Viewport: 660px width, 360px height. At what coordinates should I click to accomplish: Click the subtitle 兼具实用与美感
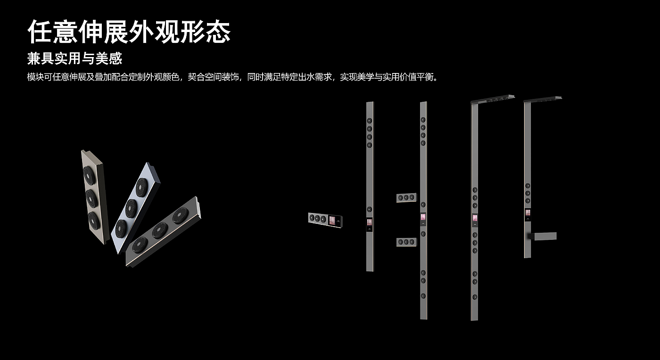pos(74,58)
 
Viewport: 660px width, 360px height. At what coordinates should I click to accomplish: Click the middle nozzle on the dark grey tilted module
pos(159,230)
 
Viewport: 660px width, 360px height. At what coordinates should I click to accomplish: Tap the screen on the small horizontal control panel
pos(335,220)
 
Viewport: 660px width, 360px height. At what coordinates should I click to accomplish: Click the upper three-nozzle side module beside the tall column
pos(405,198)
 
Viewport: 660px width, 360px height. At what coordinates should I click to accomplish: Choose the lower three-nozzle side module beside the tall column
pos(405,242)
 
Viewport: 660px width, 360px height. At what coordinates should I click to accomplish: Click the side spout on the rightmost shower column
pos(545,236)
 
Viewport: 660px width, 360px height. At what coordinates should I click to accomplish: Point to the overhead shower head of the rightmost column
pos(544,99)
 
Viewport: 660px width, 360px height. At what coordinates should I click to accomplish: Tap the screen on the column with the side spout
pos(528,213)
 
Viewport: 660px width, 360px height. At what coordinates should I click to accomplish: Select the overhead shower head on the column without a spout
pos(492,99)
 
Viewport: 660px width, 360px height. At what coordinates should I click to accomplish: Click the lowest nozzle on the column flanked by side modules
pos(423,296)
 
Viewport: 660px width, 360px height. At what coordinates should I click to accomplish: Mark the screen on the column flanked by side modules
pos(423,217)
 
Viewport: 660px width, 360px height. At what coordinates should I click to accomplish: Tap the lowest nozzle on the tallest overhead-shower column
pos(474,296)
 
